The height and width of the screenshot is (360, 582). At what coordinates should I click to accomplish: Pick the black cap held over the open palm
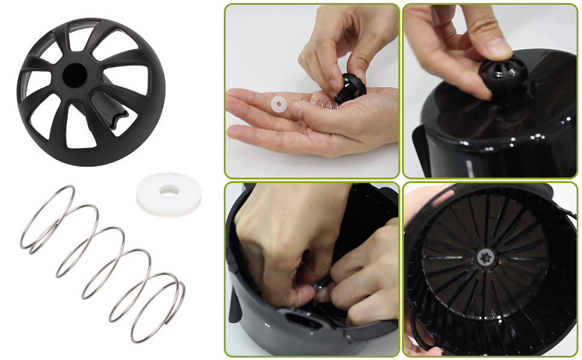(350, 89)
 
